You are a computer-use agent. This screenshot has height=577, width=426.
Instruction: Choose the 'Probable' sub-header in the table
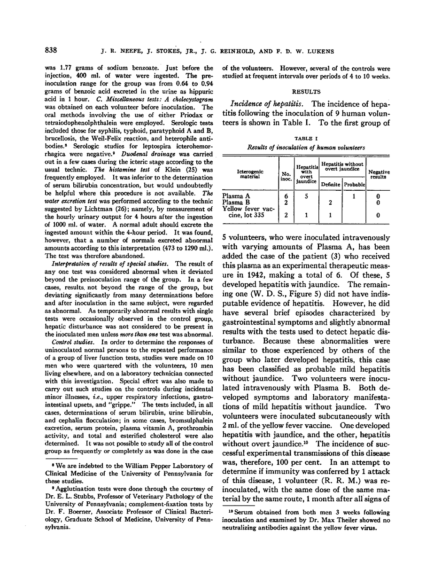354,185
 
